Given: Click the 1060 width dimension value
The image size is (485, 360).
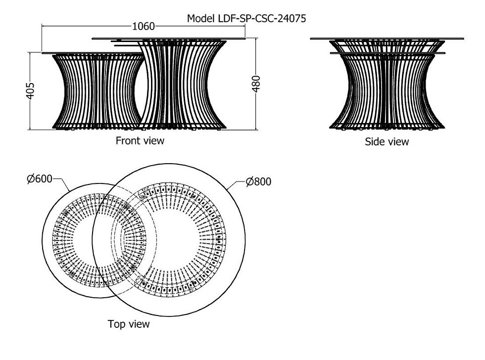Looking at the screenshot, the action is pyautogui.click(x=143, y=26).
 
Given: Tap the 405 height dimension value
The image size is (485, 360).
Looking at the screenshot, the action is pyautogui.click(x=30, y=91).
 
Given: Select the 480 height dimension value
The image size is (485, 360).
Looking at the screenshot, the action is pyautogui.click(x=256, y=84).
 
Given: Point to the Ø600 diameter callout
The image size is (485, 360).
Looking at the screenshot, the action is pyautogui.click(x=40, y=179).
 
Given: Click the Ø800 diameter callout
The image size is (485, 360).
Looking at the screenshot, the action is pyautogui.click(x=258, y=181).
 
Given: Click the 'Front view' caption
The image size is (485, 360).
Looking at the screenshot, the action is pyautogui.click(x=140, y=140).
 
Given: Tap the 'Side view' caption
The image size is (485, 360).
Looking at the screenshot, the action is pyautogui.click(x=387, y=141).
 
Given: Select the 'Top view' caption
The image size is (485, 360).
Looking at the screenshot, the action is pyautogui.click(x=129, y=324).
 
